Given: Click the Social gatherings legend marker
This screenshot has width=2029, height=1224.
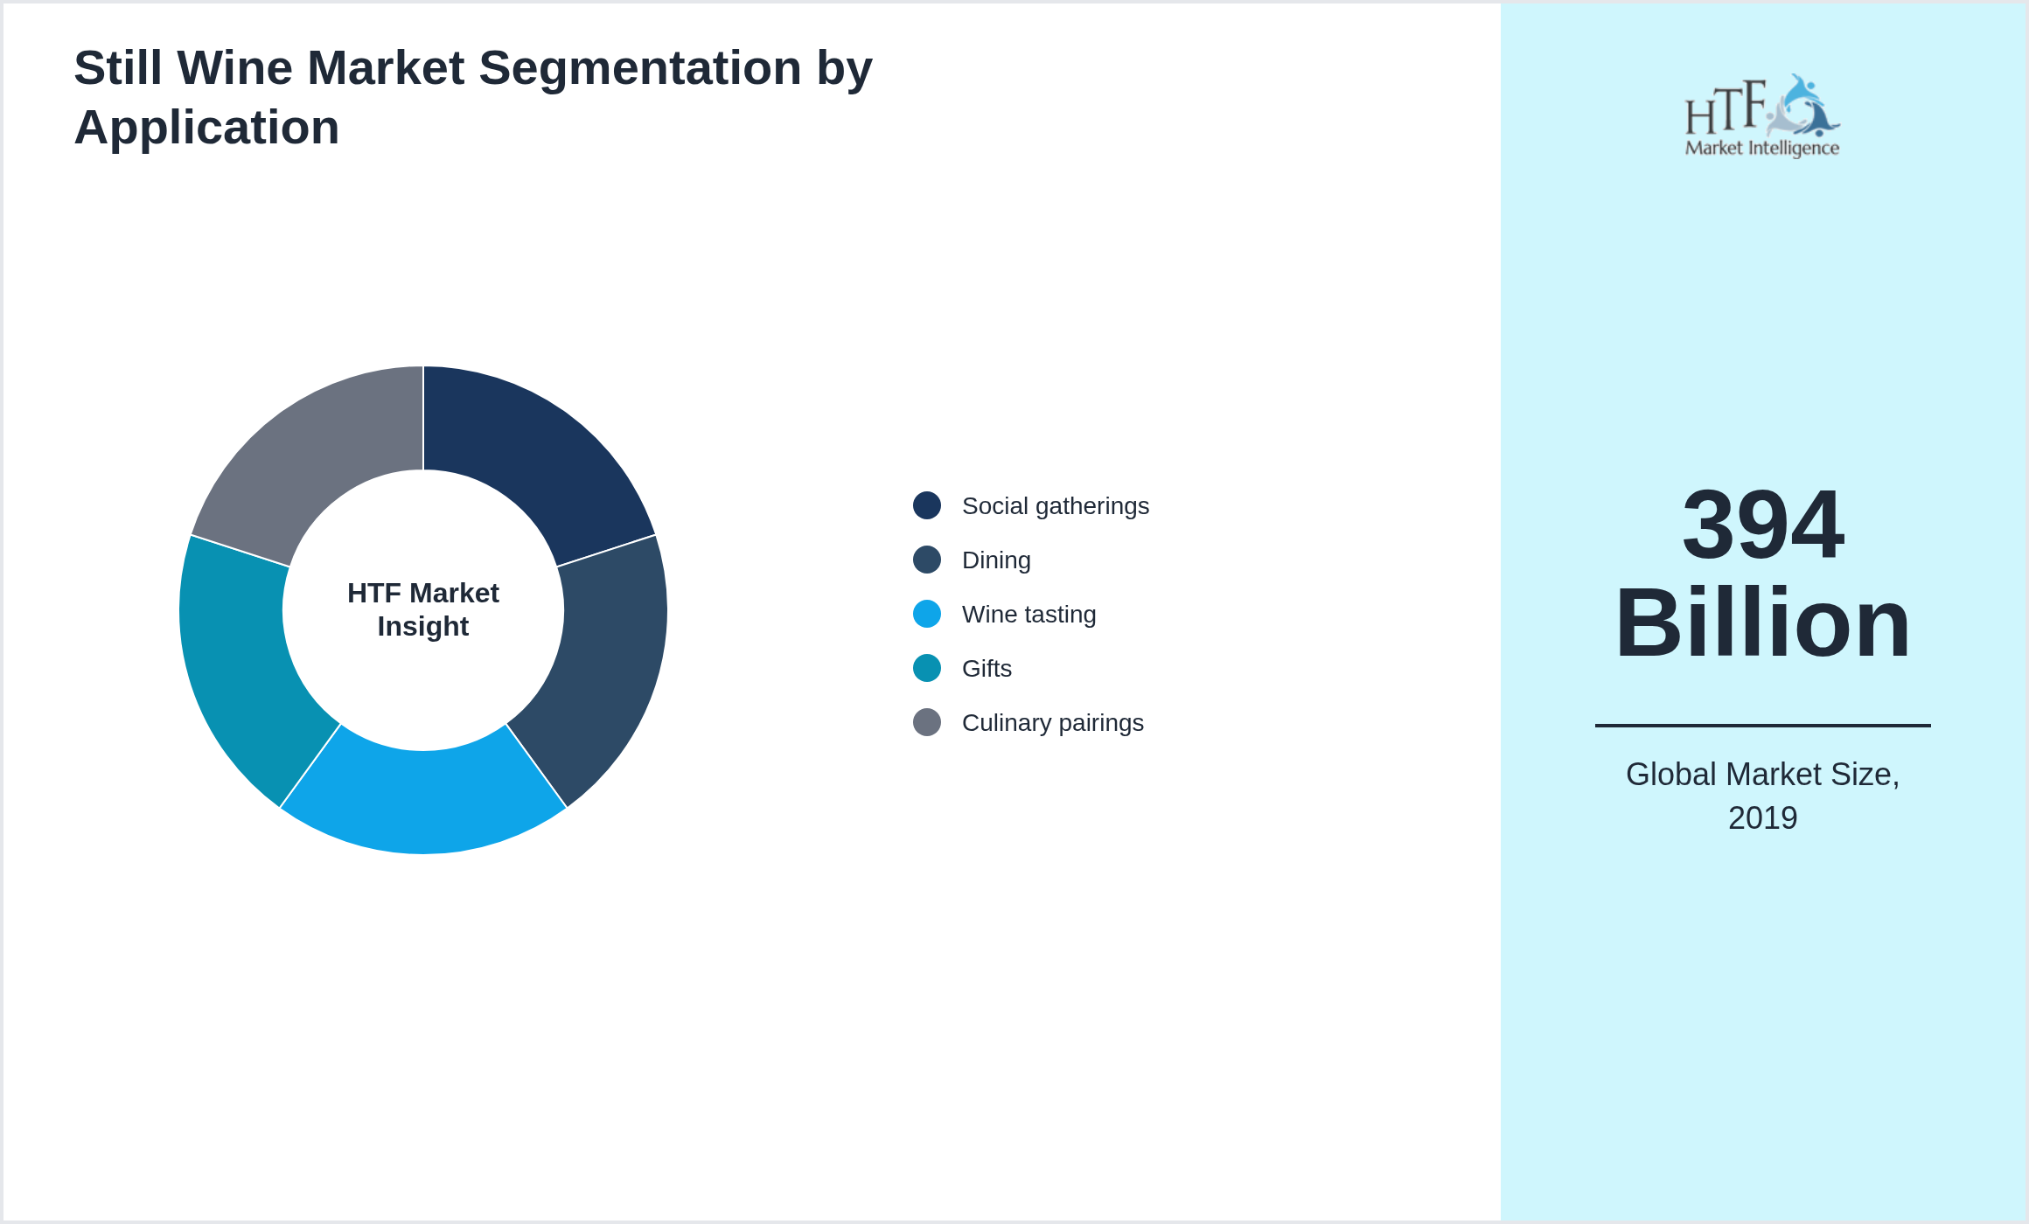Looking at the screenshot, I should pos(927,505).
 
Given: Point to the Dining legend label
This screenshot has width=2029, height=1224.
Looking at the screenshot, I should pos(996,560).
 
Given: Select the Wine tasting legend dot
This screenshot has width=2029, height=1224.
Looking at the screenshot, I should pos(927,614).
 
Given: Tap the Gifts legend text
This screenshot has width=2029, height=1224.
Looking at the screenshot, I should pos(987,669).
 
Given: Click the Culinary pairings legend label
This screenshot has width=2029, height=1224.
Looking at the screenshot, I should pos(1052,723).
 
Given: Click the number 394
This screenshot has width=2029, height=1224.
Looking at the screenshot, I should pos(1762,525).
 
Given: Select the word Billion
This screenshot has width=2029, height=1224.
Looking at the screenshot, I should pos(1762,623).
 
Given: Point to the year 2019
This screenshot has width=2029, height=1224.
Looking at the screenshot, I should pos(1762,818).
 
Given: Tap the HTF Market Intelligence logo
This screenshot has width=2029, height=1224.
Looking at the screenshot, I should pos(1762,116).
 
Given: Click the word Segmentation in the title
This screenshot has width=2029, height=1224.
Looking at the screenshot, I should pos(639,68).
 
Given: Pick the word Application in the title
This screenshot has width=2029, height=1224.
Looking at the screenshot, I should pos(207,128).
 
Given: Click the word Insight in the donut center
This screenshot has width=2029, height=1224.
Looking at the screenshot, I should pos(423,627).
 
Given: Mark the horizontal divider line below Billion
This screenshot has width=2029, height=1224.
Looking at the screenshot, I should pos(1762,726).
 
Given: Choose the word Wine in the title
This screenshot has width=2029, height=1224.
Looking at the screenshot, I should pos(234,68).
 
